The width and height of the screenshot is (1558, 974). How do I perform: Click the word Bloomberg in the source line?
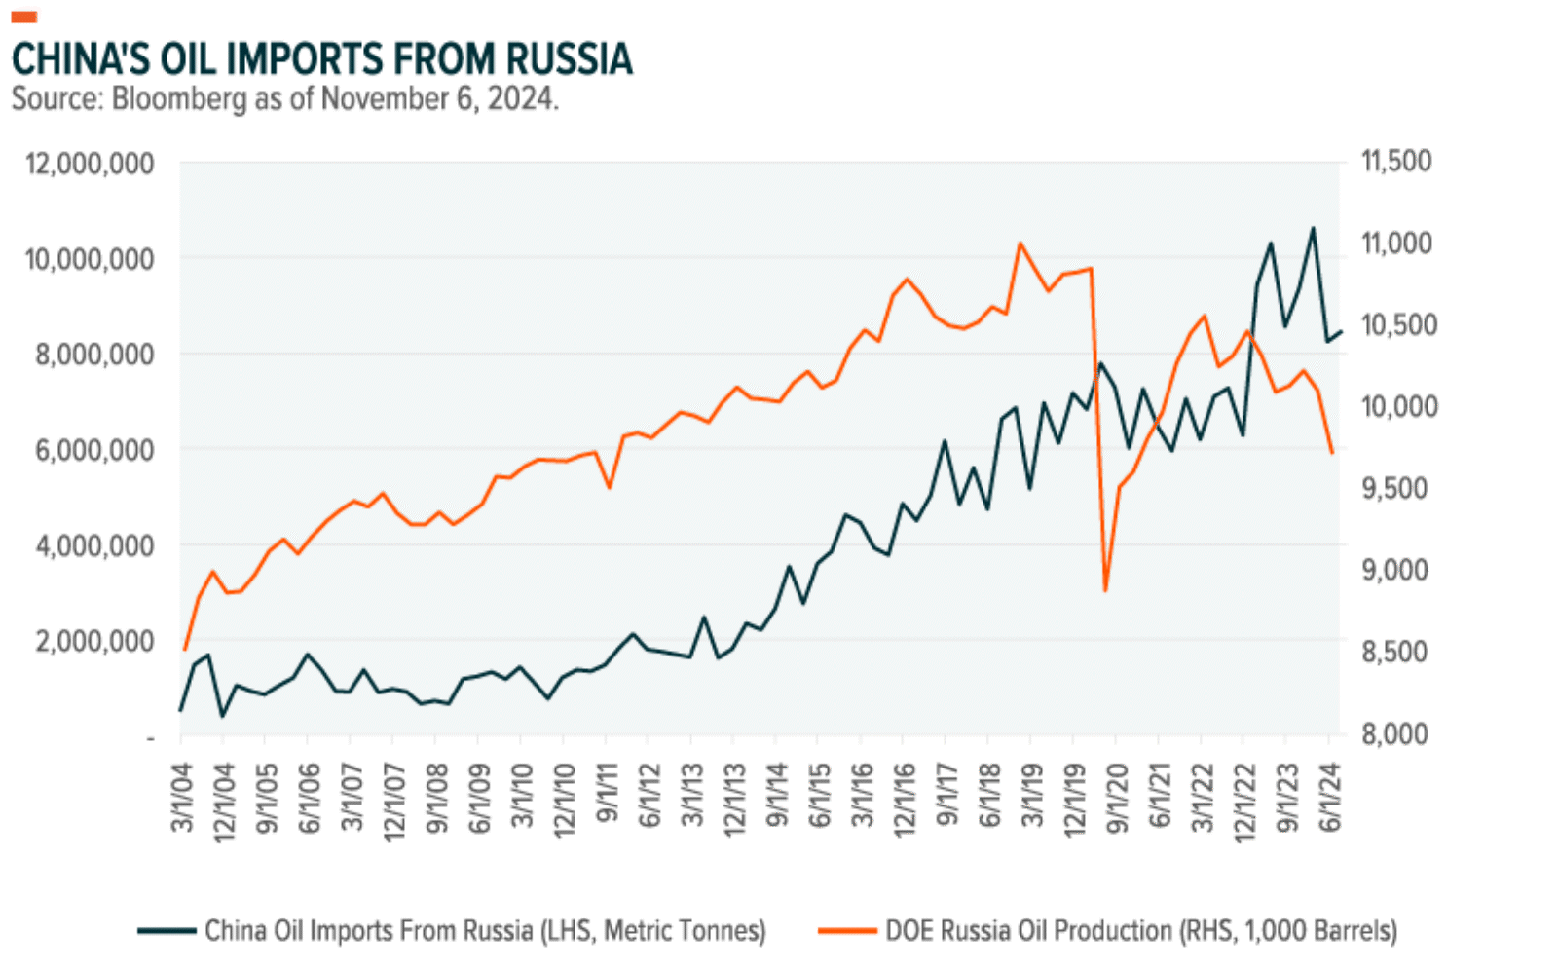179,99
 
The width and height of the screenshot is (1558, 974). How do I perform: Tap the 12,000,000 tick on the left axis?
90,164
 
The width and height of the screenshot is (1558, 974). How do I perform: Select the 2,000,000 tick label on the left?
95,641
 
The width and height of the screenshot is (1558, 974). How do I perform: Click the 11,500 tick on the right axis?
1395,162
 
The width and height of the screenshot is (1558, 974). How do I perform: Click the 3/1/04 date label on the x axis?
181,797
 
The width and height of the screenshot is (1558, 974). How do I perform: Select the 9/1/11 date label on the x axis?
607,797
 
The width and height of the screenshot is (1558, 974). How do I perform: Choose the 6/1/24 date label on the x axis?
1329,797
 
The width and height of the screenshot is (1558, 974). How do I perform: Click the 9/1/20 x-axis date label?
1117,797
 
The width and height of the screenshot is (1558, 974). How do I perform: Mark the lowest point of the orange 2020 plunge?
1105,590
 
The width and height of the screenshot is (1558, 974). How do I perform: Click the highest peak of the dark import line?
1313,229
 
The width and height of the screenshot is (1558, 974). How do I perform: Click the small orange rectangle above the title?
23,17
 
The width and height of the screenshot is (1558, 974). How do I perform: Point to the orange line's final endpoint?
1332,453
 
